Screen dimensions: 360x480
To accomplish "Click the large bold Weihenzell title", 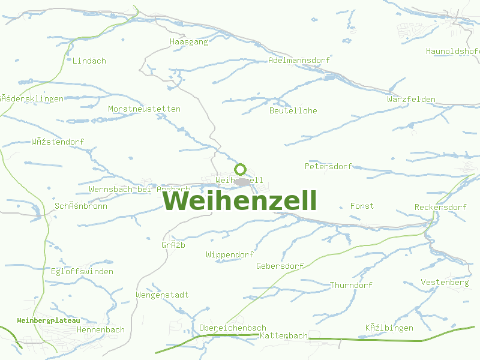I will (240, 200).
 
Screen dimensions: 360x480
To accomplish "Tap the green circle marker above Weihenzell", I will (241, 169).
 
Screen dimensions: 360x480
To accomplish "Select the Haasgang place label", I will (189, 42).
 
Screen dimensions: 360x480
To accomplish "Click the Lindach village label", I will (89, 61).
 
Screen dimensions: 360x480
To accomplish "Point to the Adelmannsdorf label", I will (299, 61).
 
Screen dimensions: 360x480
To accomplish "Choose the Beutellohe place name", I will (293, 111).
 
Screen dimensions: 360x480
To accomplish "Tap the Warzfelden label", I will (411, 99).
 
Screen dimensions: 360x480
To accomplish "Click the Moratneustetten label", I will (144, 109).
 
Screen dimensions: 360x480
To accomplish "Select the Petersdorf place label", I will (328, 166).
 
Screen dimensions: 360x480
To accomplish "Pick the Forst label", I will (362, 206).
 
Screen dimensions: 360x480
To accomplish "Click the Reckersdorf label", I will (440, 208).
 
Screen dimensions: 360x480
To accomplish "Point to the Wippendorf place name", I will (230, 255).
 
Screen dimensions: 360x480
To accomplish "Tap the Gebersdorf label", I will (280, 266).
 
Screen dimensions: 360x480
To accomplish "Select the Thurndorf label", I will (351, 286).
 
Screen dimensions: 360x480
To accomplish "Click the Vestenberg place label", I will (445, 283).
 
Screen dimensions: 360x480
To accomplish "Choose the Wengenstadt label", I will (162, 295).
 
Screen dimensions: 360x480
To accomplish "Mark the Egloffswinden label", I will (82, 272).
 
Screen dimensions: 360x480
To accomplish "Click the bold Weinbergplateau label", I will (49, 321).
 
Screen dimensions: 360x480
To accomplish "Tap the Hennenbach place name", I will (101, 330).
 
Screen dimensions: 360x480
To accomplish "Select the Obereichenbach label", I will (232, 328).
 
